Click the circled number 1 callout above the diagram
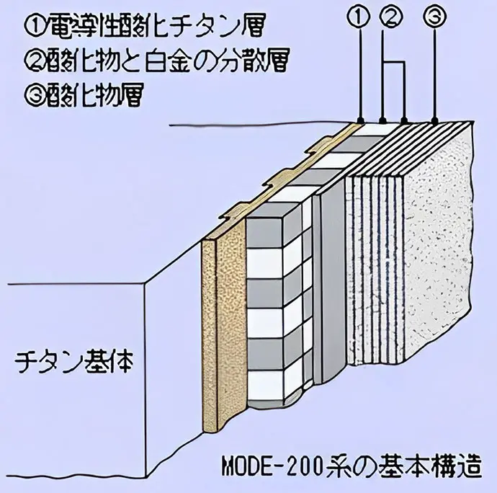coord(359,17)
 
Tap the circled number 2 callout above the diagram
coord(393,17)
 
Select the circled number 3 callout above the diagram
coord(434,17)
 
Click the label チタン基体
coord(73,362)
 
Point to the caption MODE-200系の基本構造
coord(352,466)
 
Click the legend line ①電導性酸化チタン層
coord(143,27)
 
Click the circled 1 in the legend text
coord(32,27)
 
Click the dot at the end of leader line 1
coord(360,120)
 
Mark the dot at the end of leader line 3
coord(435,120)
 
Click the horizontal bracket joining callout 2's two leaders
coord(394,61)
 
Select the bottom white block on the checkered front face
coord(264,385)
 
